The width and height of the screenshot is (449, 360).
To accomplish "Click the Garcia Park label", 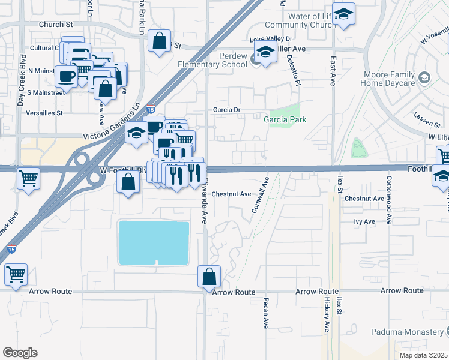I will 285,119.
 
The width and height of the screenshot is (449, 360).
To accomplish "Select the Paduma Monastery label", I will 406,332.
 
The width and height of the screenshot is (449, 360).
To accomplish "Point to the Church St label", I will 55,25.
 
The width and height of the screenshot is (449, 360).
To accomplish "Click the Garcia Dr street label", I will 226,110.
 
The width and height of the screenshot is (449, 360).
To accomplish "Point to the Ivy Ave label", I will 364,221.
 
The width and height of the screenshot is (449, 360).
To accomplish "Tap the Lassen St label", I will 427,118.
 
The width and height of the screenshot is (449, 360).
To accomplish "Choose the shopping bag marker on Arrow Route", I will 209,277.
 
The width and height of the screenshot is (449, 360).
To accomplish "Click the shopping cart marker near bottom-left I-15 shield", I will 16,274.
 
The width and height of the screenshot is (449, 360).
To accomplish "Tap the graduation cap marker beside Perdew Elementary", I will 265,52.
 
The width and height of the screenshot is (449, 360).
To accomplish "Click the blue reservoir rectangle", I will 154,242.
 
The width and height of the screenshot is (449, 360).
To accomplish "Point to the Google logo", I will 20,352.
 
